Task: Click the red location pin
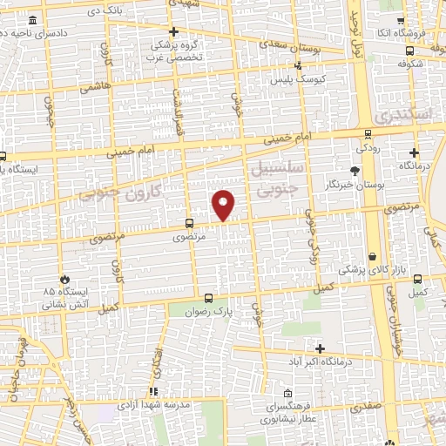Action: click(224, 204)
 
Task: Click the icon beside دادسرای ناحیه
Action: click(32, 20)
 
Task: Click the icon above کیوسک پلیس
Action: click(298, 65)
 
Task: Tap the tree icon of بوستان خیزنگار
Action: click(354, 172)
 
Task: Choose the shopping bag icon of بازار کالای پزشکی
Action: click(374, 257)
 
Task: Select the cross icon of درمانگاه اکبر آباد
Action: click(321, 348)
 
